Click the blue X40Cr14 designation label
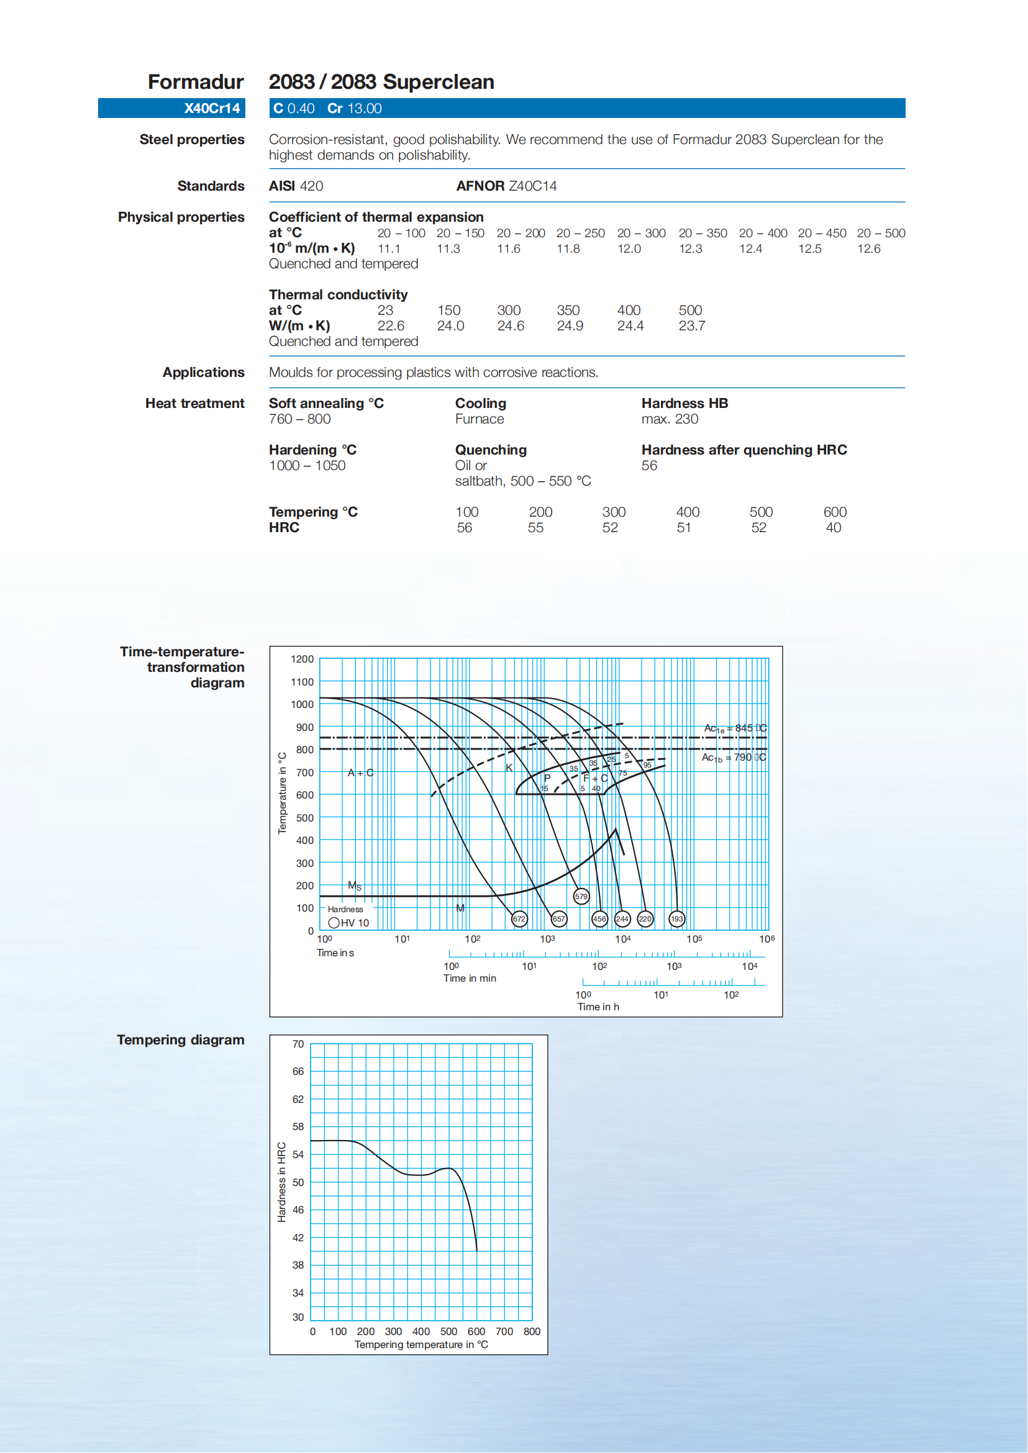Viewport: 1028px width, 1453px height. click(x=211, y=108)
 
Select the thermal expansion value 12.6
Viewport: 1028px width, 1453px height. click(x=868, y=249)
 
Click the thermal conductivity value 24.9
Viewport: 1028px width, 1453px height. click(x=570, y=326)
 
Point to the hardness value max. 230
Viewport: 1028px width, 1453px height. click(x=669, y=419)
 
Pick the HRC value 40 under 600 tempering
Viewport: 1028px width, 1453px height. click(x=833, y=528)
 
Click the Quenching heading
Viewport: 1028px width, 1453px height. click(x=491, y=450)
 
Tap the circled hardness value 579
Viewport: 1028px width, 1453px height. click(x=581, y=896)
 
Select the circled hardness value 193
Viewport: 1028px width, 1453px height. click(x=676, y=919)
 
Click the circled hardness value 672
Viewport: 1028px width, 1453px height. click(x=519, y=919)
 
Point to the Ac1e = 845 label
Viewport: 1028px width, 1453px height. click(x=734, y=728)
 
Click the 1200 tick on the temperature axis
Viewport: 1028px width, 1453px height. click(x=302, y=659)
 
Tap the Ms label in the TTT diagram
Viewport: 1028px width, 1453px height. click(x=355, y=886)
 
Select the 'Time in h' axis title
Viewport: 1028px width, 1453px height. click(x=598, y=1007)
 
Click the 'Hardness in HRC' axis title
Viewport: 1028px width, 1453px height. click(x=281, y=1182)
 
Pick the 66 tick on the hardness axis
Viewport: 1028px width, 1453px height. click(x=298, y=1071)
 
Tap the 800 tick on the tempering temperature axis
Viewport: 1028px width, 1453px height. click(x=531, y=1331)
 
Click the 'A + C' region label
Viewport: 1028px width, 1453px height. click(x=360, y=772)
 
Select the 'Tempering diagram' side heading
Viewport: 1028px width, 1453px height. click(x=180, y=1039)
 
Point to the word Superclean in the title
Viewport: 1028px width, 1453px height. click(x=438, y=82)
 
